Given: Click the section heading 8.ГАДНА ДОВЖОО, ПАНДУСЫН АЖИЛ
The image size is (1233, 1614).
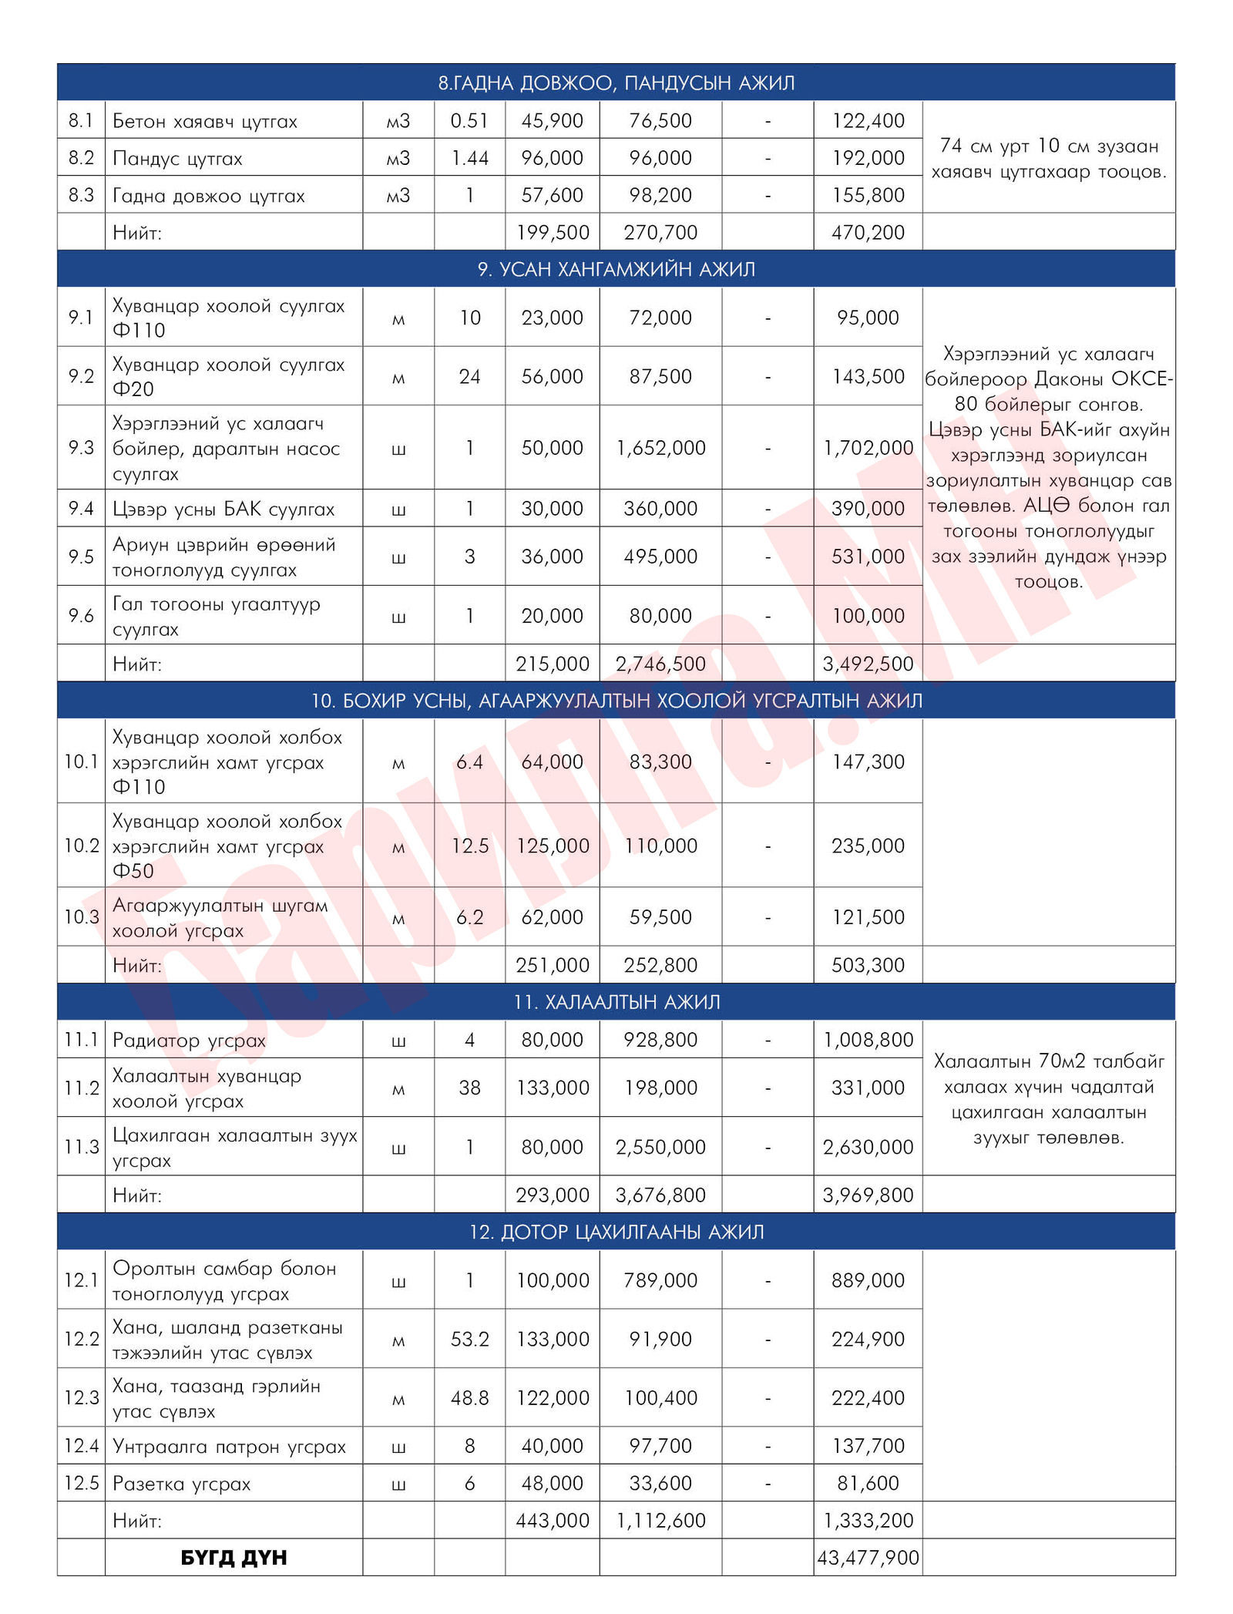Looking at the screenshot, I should (x=616, y=82).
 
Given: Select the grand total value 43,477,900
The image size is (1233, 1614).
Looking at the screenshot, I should (x=868, y=1557).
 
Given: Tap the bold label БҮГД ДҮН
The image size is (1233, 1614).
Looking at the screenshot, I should (x=233, y=1557).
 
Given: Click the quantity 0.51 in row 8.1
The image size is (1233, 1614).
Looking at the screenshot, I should (x=469, y=120).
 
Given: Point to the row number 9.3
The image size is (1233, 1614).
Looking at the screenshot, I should (x=81, y=447).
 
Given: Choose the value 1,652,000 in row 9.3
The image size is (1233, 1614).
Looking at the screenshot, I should (x=660, y=447).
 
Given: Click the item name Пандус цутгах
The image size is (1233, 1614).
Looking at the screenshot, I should (x=177, y=158).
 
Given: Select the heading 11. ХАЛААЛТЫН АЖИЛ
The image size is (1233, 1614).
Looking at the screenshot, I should (x=616, y=1001).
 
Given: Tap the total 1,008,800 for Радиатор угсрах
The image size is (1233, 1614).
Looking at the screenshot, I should (x=868, y=1039).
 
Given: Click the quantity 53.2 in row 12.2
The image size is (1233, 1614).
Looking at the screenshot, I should (x=469, y=1339).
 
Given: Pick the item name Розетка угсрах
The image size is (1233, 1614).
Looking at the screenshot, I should (x=181, y=1483).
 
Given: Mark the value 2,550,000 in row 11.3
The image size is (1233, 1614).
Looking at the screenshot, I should (x=660, y=1147).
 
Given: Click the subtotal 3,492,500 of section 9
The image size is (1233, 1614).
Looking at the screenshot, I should (x=868, y=664).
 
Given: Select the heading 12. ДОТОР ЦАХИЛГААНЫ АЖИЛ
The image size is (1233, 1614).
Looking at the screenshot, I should (x=616, y=1232).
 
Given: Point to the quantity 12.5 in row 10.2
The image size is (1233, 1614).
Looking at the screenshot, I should (x=469, y=846).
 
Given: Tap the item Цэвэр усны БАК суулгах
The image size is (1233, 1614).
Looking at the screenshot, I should (x=223, y=509).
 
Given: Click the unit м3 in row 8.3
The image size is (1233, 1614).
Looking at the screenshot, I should (x=398, y=195).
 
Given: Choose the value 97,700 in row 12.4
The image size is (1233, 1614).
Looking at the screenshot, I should (x=660, y=1445).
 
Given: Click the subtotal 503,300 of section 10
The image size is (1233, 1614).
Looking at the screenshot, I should (x=868, y=964).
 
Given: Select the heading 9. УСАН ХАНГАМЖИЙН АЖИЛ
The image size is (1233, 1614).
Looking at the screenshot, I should (x=616, y=269).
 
